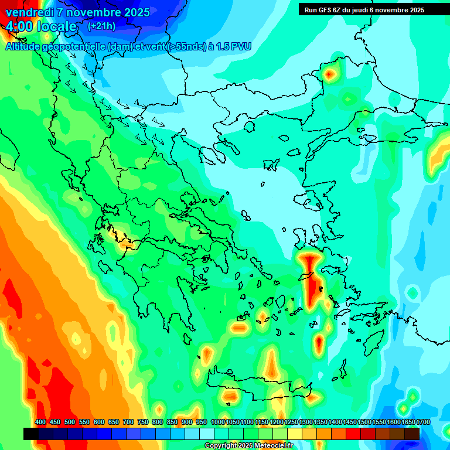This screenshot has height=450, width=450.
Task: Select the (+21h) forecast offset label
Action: pyautogui.click(x=101, y=26)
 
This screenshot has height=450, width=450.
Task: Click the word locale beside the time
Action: pyautogui.click(x=57, y=26)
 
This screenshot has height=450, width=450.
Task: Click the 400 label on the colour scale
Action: pyautogui.click(x=40, y=422)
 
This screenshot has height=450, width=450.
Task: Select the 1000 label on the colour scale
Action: pyautogui.click(x=217, y=422)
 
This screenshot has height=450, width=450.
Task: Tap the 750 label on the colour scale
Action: pyautogui.click(x=143, y=422)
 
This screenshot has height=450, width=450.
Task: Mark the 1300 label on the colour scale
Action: pyautogui.click(x=305, y=422)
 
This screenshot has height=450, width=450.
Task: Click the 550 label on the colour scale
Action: pyautogui.click(x=84, y=422)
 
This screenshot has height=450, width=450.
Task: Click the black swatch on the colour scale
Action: pyautogui.click(x=31, y=434)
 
